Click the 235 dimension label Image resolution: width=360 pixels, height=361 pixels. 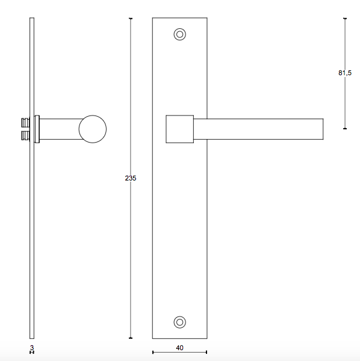point(131,178)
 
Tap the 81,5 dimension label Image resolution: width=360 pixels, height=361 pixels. point(345,73)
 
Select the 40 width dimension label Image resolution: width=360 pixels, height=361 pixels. point(179,348)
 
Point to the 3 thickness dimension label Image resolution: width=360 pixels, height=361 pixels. point(32,347)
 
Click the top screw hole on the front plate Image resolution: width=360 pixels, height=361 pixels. point(179,34)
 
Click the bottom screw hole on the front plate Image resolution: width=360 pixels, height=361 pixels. point(179,322)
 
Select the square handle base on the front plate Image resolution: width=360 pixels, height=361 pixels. point(179,129)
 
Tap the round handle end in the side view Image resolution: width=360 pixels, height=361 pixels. point(93,129)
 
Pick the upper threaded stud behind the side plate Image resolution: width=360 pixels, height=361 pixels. point(25,123)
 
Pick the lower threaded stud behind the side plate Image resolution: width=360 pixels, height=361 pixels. point(25,135)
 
